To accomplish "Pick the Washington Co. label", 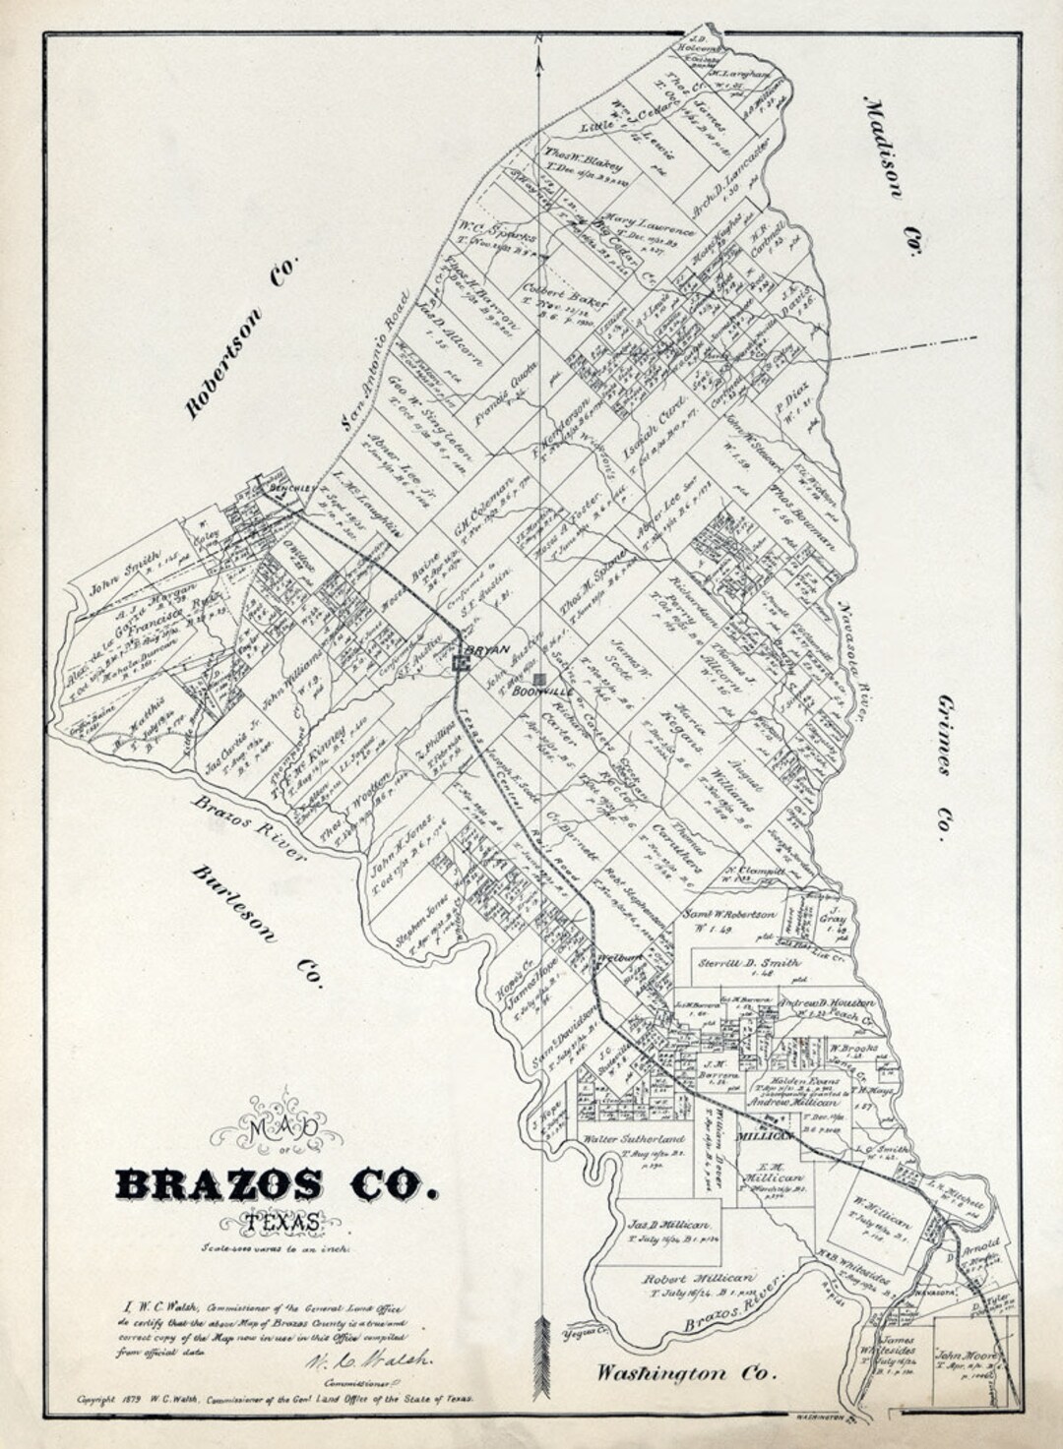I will pyautogui.click(x=687, y=1372).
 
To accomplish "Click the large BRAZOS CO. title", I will pyautogui.click(x=277, y=1184).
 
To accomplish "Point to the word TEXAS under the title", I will pyautogui.click(x=282, y=1223).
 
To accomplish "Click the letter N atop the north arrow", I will pyautogui.click(x=539, y=39).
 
